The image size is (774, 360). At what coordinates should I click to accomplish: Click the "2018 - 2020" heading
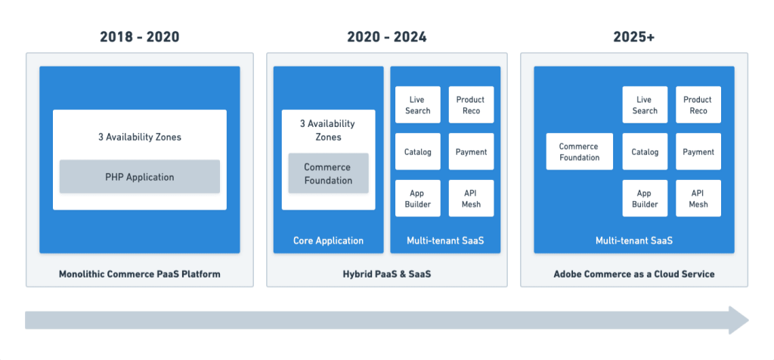(x=140, y=37)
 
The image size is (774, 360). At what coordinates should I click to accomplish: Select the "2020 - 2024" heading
(x=387, y=37)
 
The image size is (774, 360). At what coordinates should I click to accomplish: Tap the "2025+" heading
(x=634, y=37)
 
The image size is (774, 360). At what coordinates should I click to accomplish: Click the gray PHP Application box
(x=140, y=177)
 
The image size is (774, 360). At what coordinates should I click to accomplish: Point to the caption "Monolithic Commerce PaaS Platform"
(x=140, y=274)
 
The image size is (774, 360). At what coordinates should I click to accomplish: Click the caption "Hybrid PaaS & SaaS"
(x=387, y=274)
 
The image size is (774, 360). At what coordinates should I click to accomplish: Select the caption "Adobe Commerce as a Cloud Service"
(x=634, y=274)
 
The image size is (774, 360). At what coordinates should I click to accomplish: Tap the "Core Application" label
(x=328, y=241)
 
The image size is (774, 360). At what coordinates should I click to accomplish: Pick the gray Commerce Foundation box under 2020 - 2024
(x=328, y=173)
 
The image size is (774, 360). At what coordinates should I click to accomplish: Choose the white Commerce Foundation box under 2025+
(x=580, y=151)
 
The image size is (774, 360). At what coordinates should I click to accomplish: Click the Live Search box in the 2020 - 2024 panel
(x=417, y=104)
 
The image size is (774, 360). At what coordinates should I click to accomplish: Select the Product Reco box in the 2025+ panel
(x=698, y=104)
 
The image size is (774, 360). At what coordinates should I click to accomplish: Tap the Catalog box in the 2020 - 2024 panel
(x=417, y=151)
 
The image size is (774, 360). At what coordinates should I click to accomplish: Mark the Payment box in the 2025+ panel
(x=698, y=151)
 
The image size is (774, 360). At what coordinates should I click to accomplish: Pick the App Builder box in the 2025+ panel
(x=645, y=198)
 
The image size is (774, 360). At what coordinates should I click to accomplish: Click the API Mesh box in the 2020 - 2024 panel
(x=471, y=198)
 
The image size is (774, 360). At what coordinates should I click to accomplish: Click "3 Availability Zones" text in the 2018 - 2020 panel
(x=140, y=138)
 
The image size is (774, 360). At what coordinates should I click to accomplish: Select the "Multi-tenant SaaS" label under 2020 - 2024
(x=445, y=241)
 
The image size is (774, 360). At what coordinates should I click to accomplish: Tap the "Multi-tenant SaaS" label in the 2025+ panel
(x=634, y=241)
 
